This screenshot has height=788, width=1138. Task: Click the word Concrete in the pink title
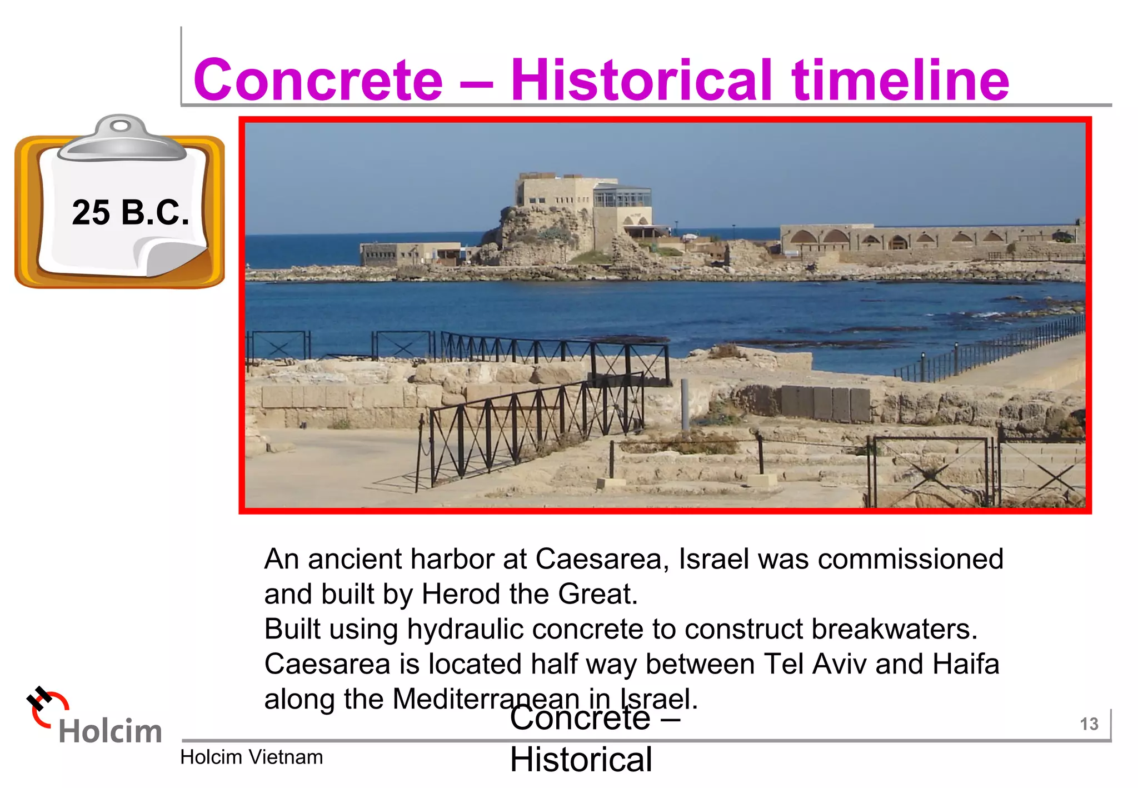[318, 81]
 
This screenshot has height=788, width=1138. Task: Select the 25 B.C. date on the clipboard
[131, 213]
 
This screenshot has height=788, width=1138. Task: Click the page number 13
[1089, 724]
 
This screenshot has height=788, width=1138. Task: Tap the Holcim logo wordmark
[110, 731]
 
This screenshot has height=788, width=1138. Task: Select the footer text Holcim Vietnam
[251, 757]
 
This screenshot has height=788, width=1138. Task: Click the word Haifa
[966, 664]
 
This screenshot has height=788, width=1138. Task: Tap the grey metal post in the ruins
[685, 404]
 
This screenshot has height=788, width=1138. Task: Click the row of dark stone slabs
[825, 404]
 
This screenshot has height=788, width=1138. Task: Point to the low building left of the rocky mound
[410, 253]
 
